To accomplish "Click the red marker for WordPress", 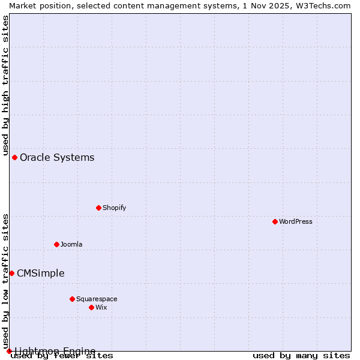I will point(275,221).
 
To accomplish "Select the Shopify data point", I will point(98,208).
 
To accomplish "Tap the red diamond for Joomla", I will point(56,244).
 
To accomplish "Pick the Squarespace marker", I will point(72,299).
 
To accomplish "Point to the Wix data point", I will point(91,307).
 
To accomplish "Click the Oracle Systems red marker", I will point(14,157).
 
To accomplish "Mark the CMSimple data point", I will point(11,273).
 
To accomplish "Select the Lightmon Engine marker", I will point(9,351).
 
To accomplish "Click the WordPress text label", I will point(296,221).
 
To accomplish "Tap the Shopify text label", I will point(114,208).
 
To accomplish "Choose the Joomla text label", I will point(71,244).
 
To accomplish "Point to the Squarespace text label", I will point(97,299).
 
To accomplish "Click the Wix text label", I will point(101,307).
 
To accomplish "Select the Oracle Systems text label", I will point(57,158).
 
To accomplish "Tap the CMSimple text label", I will point(40,274).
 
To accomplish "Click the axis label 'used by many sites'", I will point(301,356).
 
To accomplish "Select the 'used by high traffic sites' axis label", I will point(5,84).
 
